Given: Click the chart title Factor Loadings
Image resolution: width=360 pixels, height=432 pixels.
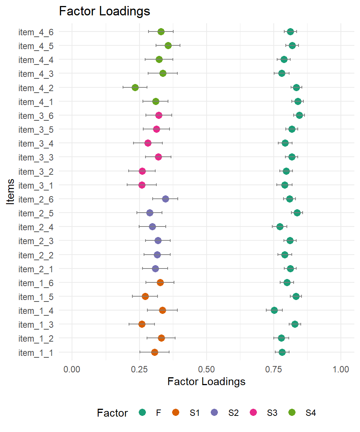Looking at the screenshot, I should (105, 11).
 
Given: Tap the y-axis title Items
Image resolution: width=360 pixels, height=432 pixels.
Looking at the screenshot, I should (11, 192).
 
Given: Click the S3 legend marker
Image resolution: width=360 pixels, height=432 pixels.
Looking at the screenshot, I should (254, 413).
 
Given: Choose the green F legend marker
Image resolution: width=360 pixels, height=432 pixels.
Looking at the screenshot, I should (142, 413).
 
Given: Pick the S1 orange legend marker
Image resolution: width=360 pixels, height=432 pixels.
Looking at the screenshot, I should (176, 413).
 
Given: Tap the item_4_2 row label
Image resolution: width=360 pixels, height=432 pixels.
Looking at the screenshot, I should (36, 88).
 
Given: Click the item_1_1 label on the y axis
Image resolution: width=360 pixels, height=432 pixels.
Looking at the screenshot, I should (36, 352).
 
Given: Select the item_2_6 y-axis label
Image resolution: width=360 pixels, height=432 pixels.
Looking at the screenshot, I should (36, 199).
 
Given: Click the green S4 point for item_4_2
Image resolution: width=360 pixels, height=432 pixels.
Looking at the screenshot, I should (135, 87).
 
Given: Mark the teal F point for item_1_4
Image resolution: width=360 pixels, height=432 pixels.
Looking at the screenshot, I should (274, 310).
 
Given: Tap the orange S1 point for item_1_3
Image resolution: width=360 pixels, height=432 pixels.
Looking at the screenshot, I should (142, 324).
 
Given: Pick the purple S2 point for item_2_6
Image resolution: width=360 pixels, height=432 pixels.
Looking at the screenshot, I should (165, 199).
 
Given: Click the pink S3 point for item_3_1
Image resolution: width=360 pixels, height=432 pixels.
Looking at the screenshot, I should (142, 185).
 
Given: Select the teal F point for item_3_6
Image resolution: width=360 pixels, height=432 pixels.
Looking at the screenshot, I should (299, 115).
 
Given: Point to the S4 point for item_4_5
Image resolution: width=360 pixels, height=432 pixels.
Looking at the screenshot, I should (168, 45).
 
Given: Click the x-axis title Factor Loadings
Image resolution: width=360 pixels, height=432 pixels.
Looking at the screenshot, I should (206, 382).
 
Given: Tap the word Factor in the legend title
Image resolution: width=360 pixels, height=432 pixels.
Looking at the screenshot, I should (112, 413).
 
